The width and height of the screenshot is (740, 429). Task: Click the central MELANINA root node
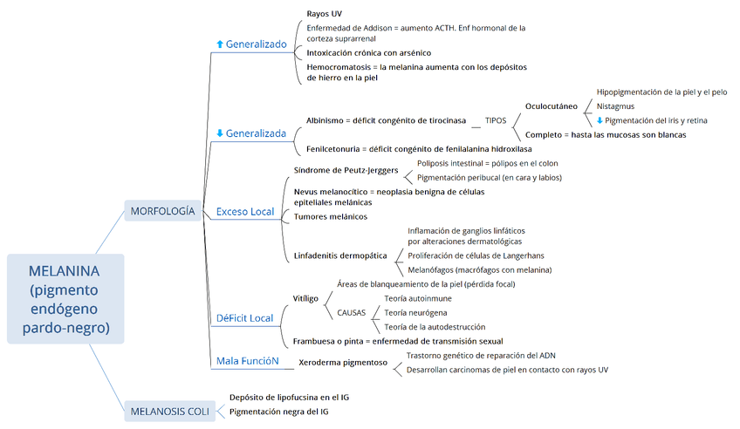[64, 299]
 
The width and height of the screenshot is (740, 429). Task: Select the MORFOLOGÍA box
[162, 211]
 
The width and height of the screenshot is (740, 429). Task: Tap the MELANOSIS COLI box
[169, 412]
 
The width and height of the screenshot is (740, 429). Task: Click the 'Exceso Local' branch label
[245, 212]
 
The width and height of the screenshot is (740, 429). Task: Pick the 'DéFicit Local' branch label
[245, 318]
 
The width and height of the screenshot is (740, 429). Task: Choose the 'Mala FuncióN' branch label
[248, 360]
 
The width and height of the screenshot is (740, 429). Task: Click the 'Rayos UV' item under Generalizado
[324, 14]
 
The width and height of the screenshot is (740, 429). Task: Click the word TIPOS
[496, 120]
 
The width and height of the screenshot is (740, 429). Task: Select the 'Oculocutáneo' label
[552, 106]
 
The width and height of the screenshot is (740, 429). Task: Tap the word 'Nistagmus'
[615, 106]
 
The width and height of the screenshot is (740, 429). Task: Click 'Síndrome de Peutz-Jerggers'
[346, 171]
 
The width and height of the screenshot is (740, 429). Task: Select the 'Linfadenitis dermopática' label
[340, 256]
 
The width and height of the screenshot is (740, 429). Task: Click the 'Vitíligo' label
[305, 298]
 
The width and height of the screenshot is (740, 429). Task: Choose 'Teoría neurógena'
[416, 312]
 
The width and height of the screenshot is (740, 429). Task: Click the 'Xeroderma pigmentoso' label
[343, 362]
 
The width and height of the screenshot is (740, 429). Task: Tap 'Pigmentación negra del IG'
[279, 411]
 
